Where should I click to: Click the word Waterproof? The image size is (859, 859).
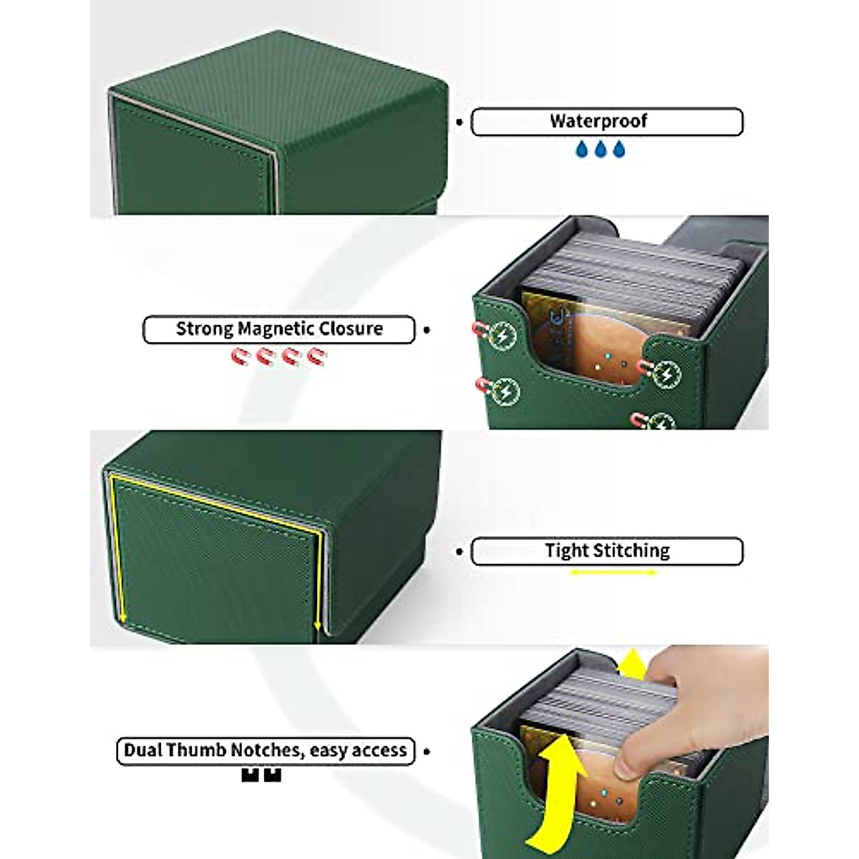pyautogui.click(x=598, y=121)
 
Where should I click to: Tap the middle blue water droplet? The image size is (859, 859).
pyautogui.click(x=601, y=148)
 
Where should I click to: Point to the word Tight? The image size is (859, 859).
pyautogui.click(x=566, y=550)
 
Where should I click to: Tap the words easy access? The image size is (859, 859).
pyautogui.click(x=359, y=750)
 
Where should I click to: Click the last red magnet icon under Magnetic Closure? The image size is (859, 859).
pyautogui.click(x=316, y=356)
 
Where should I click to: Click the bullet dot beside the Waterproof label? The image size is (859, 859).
pyautogui.click(x=460, y=122)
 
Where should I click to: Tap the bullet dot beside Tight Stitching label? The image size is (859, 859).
pyautogui.click(x=460, y=551)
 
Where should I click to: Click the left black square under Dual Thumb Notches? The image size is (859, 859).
pyautogui.click(x=250, y=774)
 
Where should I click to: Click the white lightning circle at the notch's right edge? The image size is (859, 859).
pyautogui.click(x=667, y=374)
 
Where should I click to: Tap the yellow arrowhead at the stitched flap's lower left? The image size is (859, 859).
pyautogui.click(x=122, y=617)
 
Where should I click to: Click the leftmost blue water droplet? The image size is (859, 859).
pyautogui.click(x=582, y=148)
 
